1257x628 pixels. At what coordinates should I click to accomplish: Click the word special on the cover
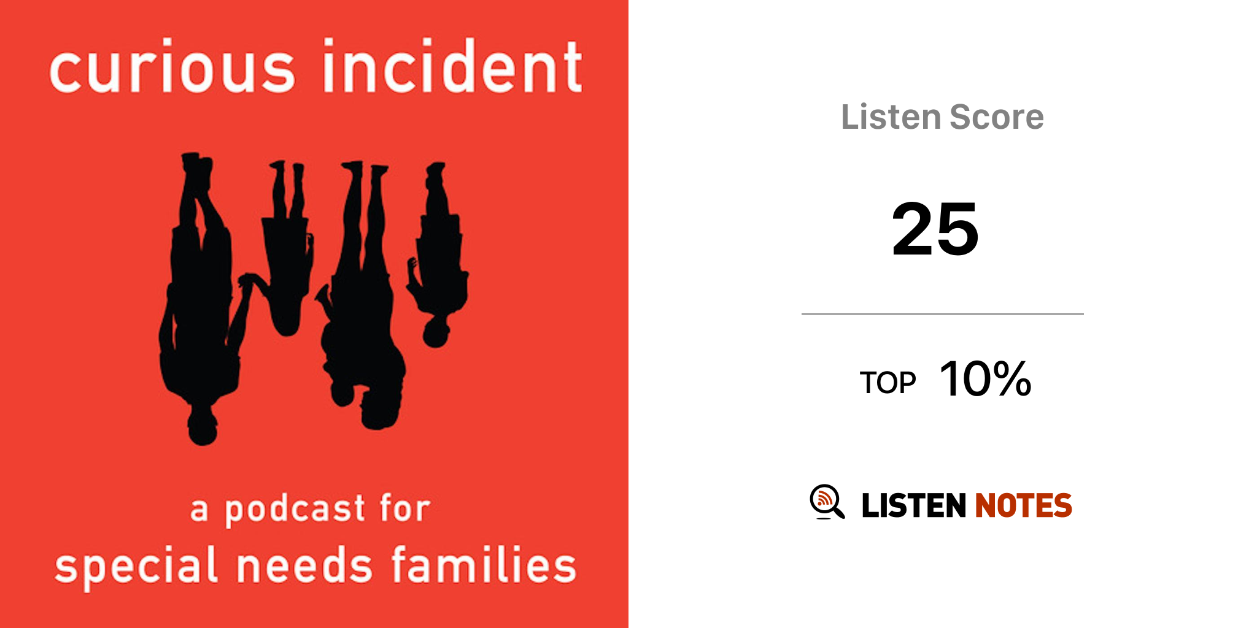click(136, 566)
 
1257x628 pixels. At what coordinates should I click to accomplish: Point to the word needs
click(304, 564)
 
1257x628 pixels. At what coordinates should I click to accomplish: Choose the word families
click(484, 563)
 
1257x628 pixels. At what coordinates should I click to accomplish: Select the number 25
click(935, 229)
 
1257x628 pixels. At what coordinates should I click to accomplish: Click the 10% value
click(986, 378)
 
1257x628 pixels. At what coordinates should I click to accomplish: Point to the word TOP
click(888, 383)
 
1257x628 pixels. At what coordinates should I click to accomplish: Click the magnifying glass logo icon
click(827, 502)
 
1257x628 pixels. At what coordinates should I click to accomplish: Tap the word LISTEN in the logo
click(914, 505)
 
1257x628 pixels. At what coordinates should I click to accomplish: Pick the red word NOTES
click(1024, 505)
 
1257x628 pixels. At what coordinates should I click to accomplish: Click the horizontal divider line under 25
click(943, 314)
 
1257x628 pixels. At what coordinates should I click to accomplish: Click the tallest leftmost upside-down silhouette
click(199, 294)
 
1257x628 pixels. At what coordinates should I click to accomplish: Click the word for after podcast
click(404, 508)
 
